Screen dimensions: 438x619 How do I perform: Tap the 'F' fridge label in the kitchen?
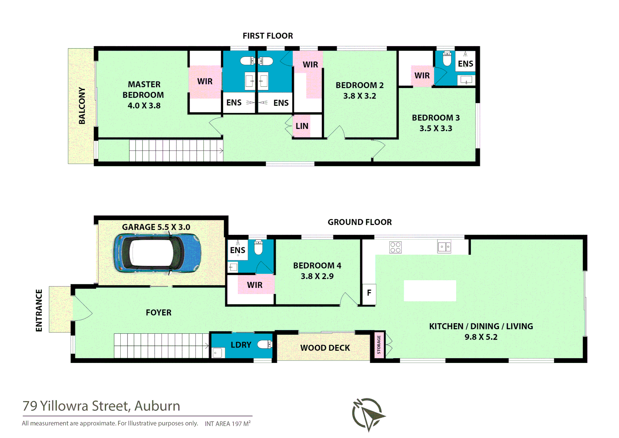[369, 292]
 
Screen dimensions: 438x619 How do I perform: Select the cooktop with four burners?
[395, 247]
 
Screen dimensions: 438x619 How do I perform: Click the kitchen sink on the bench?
[444, 247]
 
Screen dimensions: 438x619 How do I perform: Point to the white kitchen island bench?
[430, 290]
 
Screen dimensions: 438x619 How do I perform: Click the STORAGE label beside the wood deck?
[379, 344]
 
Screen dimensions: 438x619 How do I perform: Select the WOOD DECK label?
[325, 348]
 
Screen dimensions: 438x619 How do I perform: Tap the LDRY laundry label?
[241, 345]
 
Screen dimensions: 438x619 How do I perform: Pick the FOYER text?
[158, 313]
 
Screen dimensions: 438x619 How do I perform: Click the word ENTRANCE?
[39, 310]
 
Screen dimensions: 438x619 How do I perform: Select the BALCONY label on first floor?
[82, 105]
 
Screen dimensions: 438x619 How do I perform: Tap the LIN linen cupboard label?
[302, 126]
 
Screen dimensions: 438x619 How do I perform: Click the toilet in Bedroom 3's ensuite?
[447, 59]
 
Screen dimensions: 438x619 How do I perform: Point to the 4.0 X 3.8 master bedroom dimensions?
[144, 105]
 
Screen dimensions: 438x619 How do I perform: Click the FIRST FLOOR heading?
[268, 36]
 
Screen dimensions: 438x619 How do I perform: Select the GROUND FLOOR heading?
[359, 222]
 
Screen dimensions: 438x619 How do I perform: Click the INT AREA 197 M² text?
[227, 424]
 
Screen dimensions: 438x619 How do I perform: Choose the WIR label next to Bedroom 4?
[254, 285]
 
